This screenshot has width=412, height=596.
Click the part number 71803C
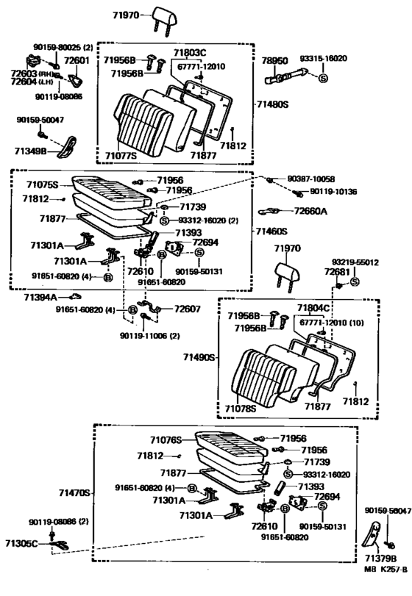click(190, 54)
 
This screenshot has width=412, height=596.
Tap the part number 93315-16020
click(343, 58)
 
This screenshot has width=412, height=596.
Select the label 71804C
click(313, 306)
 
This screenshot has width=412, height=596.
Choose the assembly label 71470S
click(71, 493)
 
